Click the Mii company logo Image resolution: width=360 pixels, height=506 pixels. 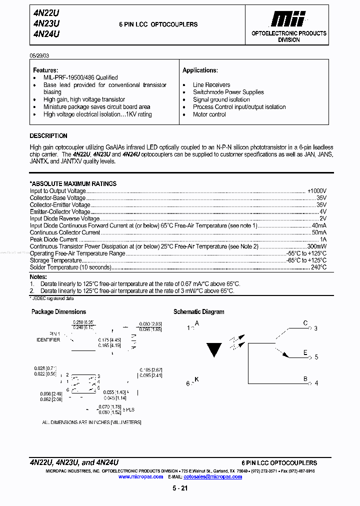288,19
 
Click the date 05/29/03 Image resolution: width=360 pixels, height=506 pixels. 39,55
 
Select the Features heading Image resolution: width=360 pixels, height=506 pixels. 45,70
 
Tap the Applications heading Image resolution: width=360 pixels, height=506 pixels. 200,70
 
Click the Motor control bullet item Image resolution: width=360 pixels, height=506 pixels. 209,114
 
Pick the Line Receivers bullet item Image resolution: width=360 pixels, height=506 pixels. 211,85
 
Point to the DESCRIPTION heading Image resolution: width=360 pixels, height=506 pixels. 48,136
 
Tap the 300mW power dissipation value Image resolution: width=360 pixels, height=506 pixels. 316,246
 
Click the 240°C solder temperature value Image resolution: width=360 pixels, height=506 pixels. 318,267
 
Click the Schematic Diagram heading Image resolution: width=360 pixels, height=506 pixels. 198,311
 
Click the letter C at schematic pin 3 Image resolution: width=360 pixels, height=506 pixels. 305,323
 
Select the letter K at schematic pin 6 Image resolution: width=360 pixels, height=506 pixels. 196,379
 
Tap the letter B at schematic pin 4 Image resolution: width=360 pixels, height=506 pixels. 305,379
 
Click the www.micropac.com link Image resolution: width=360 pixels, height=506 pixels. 140,477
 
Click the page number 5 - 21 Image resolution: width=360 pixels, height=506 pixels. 179,488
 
